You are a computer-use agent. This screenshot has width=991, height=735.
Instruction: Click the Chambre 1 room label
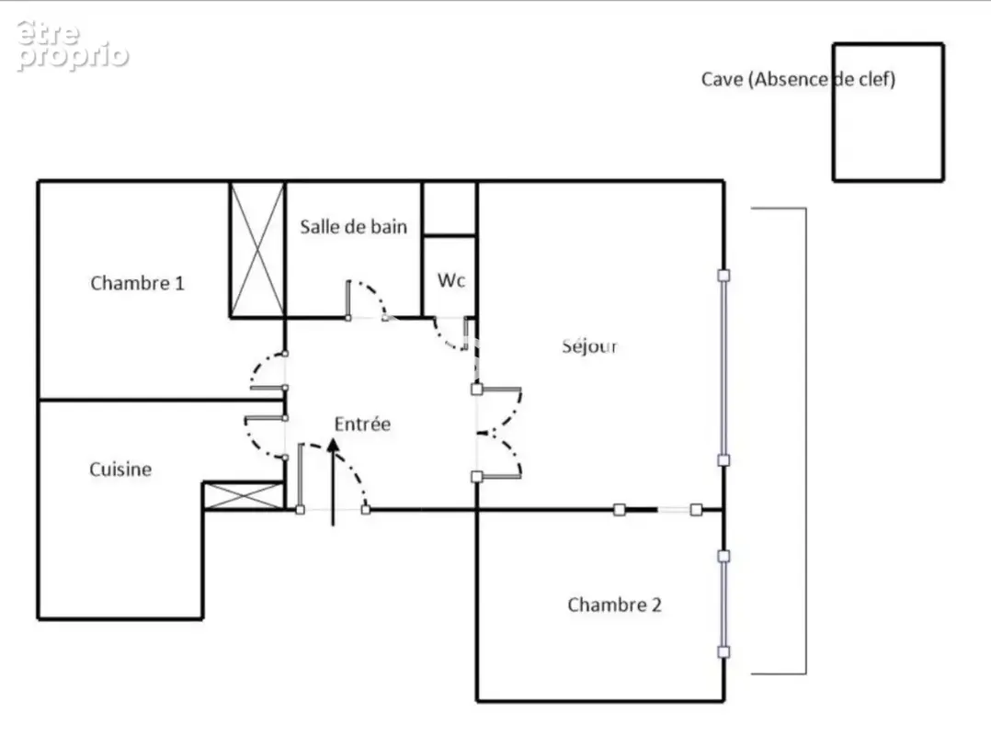[137, 283]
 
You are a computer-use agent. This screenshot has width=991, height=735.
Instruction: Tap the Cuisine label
[120, 469]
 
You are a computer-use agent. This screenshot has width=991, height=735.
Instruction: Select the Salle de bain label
[353, 227]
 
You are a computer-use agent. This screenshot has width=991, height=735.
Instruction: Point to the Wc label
[450, 279]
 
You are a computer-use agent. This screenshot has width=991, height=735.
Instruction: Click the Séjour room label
[589, 346]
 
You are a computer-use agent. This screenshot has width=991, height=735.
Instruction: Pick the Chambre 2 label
[614, 605]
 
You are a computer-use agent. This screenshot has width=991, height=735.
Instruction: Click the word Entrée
[362, 424]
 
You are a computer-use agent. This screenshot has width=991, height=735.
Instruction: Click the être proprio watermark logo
[72, 45]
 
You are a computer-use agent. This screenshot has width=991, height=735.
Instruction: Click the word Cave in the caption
[722, 80]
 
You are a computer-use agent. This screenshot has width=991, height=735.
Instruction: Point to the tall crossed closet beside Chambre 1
[257, 249]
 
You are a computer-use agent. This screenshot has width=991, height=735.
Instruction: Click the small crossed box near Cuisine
[244, 496]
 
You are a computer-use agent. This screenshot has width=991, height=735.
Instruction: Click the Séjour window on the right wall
[723, 367]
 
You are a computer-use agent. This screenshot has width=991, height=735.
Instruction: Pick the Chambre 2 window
[723, 605]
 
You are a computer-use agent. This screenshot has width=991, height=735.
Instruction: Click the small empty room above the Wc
[450, 209]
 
